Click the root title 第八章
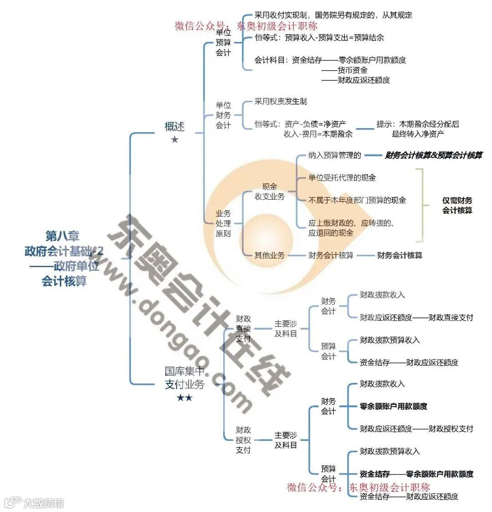(62, 236)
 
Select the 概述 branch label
(174, 126)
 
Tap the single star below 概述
(174, 140)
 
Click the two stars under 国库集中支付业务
(184, 398)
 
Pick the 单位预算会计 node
(223, 42)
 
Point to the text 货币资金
(352, 70)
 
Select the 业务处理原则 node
(223, 223)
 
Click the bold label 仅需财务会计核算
(457, 205)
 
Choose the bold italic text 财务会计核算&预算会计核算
(433, 155)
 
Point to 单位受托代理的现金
(342, 178)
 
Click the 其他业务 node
(269, 255)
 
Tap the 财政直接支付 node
(243, 329)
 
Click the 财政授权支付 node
(243, 440)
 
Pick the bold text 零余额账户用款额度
(394, 406)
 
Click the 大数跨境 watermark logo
(34, 502)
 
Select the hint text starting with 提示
(418, 129)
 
